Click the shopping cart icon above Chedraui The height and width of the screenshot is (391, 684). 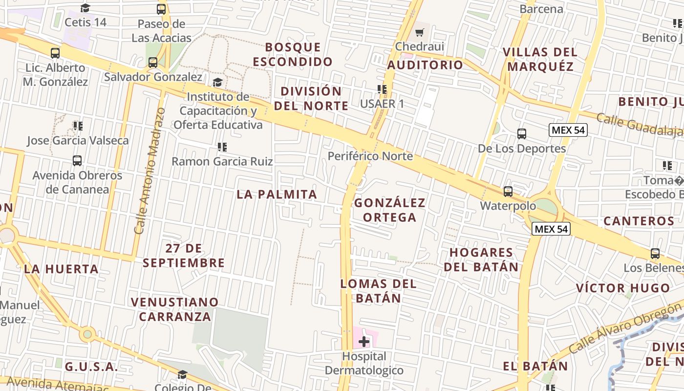click(x=419, y=33)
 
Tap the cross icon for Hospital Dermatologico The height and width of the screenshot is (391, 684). click(x=364, y=341)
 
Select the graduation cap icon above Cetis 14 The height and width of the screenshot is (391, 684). click(x=85, y=8)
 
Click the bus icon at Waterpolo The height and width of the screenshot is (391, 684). click(x=508, y=191)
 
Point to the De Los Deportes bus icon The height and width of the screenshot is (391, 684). click(x=522, y=133)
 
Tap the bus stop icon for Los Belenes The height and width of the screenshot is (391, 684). click(x=655, y=254)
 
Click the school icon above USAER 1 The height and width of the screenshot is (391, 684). click(x=382, y=89)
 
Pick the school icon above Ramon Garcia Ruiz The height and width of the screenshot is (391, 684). click(x=222, y=147)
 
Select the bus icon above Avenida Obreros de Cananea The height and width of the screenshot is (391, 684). click(x=77, y=160)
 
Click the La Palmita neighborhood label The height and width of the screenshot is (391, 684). click(x=277, y=194)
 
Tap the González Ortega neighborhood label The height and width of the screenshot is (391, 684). click(x=390, y=210)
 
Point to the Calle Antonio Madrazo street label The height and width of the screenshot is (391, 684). click(x=150, y=171)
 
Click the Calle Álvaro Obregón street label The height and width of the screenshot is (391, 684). click(x=625, y=328)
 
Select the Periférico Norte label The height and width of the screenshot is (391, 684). click(x=370, y=156)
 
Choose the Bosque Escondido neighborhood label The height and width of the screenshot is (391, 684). click(x=293, y=54)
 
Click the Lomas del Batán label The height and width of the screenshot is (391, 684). click(x=379, y=291)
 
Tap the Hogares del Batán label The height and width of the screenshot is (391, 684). click(x=481, y=260)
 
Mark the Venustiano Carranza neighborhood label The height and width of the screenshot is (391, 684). click(x=174, y=309)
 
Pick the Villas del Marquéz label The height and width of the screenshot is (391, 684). click(x=540, y=59)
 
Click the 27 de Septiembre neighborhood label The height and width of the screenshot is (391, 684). click(x=184, y=256)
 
